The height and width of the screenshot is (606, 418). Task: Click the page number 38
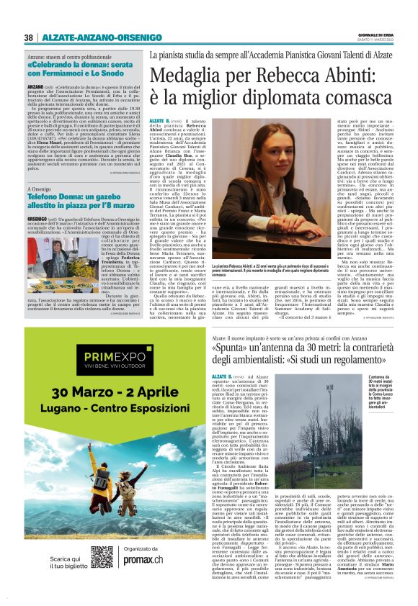29,37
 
